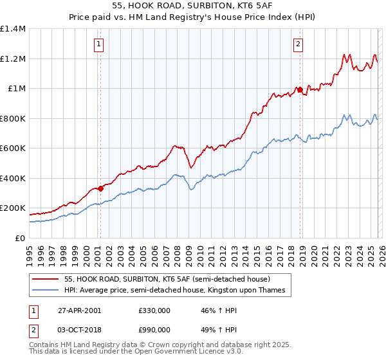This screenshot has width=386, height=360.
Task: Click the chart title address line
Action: (193, 5)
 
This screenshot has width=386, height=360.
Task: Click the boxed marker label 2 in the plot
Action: (299, 44)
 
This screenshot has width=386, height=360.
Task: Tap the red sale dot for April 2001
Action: (101, 189)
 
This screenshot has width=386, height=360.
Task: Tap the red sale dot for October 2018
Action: (300, 90)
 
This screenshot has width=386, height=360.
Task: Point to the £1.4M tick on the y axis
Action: (13, 29)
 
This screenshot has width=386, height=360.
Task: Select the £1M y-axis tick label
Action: (16, 89)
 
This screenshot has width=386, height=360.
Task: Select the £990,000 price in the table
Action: (154, 329)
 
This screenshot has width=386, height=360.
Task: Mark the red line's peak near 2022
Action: (345, 55)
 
